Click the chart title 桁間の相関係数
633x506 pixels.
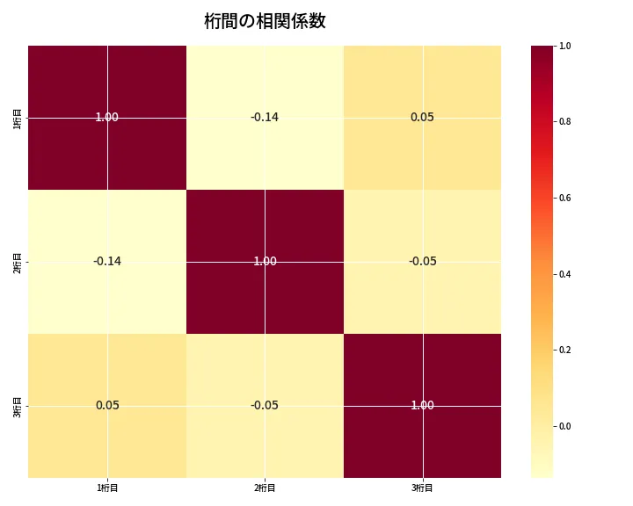pos(265,21)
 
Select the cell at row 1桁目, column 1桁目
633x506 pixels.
pos(107,117)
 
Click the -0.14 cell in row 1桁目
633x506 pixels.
pos(265,117)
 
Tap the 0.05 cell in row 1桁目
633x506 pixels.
pos(422,117)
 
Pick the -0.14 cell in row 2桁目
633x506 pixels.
pos(107,261)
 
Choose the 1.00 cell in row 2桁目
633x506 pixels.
pos(265,261)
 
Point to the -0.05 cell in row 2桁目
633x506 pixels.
pos(422,261)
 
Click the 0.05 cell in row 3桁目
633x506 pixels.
pos(107,405)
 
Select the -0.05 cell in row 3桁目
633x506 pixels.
pos(265,405)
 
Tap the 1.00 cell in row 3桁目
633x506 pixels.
pos(422,405)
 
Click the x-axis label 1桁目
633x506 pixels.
pos(107,488)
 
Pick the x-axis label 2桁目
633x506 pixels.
pos(265,488)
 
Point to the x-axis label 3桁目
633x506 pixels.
pos(422,488)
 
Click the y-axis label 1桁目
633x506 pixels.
pos(18,117)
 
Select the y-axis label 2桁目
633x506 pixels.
pos(18,261)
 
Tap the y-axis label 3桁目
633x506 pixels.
pos(18,405)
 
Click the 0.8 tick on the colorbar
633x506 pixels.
pos(565,121)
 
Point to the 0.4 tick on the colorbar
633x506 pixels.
pos(565,274)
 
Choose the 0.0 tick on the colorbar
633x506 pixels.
pos(565,426)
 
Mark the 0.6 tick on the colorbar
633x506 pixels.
pos(565,198)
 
